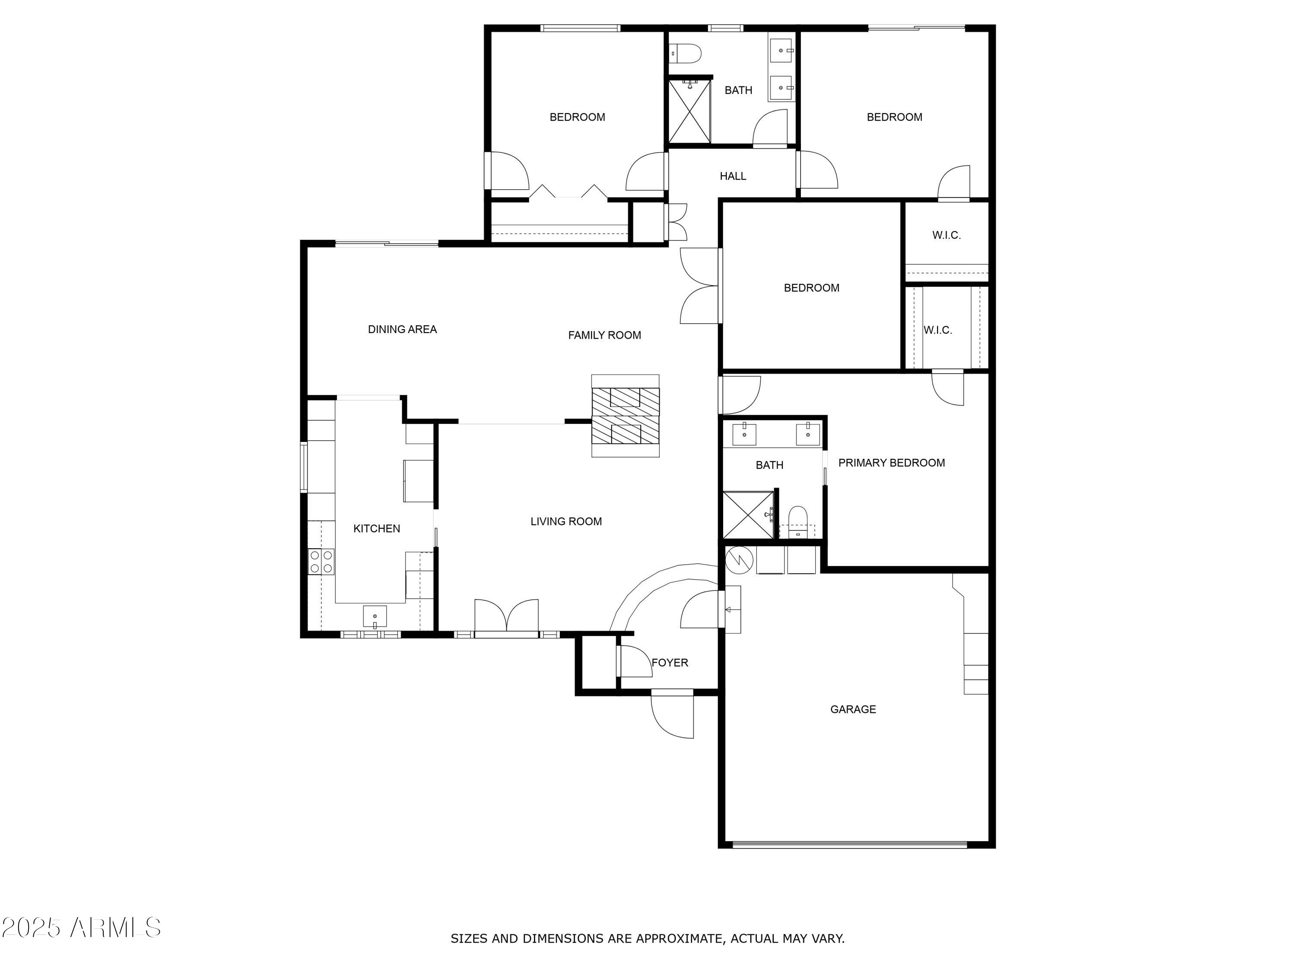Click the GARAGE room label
click(x=853, y=709)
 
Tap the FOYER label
click(x=670, y=663)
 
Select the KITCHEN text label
click(x=377, y=528)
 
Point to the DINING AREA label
click(x=403, y=329)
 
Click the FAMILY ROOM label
click(x=605, y=335)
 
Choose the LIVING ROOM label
click(x=566, y=521)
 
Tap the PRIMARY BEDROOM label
click(x=892, y=463)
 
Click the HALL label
click(x=733, y=176)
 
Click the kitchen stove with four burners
click(x=321, y=561)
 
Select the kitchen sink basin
click(x=375, y=617)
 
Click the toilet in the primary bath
click(x=798, y=522)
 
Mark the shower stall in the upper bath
click(x=689, y=111)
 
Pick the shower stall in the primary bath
click(x=748, y=515)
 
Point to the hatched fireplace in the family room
click(x=625, y=416)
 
